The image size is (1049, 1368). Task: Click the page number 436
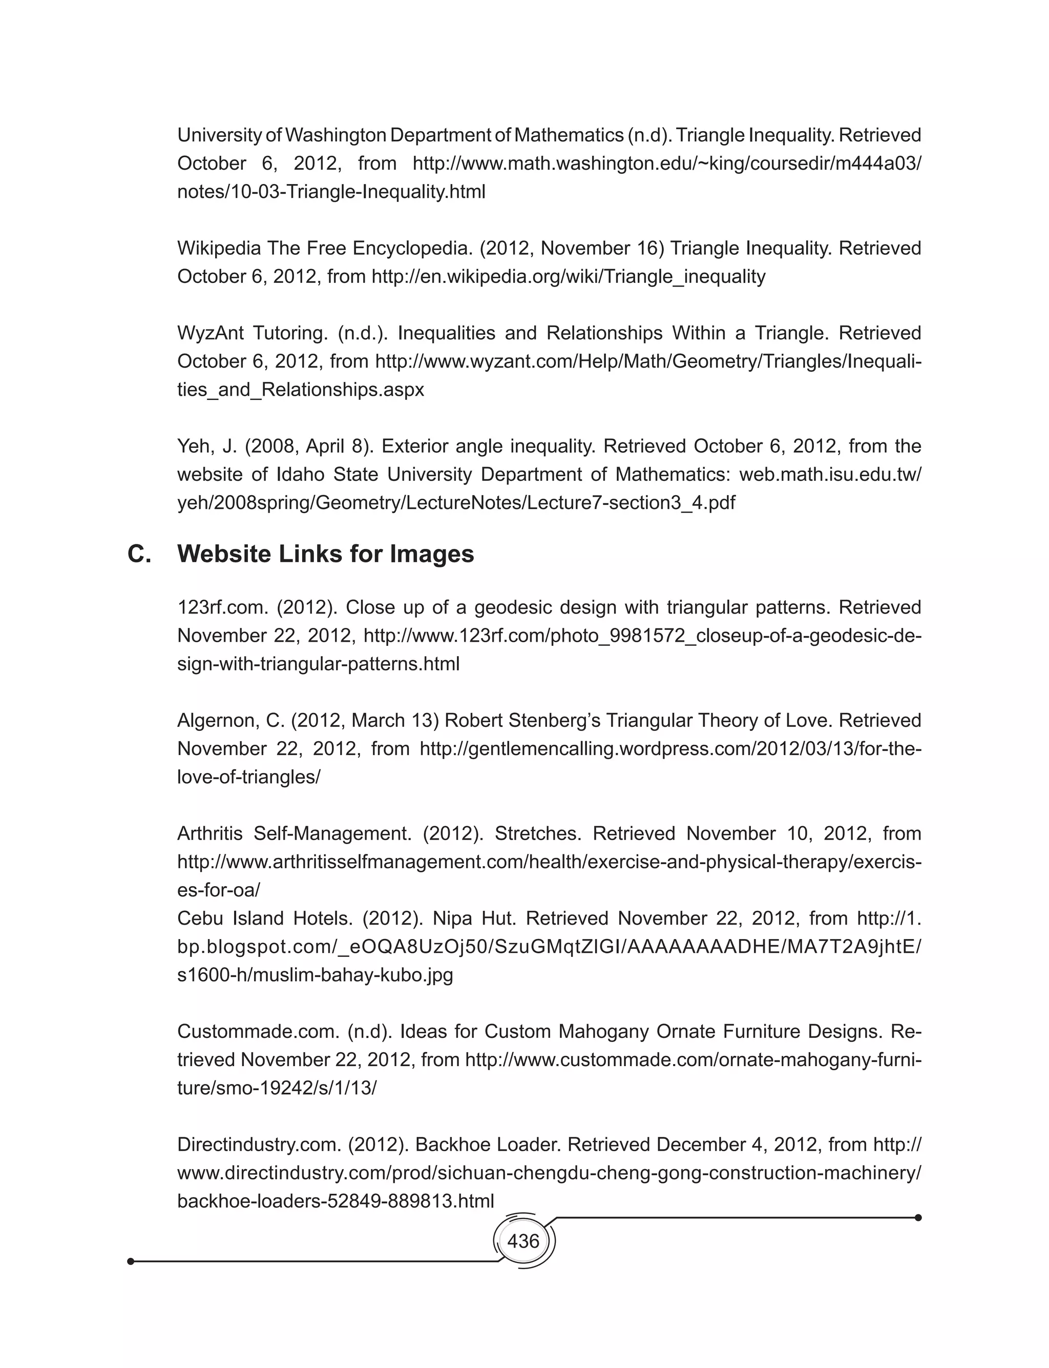pyautogui.click(x=523, y=1240)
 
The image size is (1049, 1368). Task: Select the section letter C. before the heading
pyautogui.click(x=139, y=554)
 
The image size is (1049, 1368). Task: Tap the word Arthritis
pyautogui.click(x=210, y=833)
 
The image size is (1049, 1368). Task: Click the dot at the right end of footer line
pyautogui.click(x=918, y=1217)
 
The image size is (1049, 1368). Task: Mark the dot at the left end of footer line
pyautogui.click(x=131, y=1261)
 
